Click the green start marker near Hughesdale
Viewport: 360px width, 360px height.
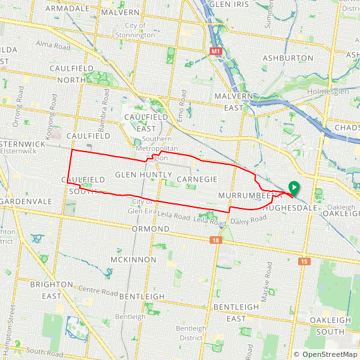tap(294, 187)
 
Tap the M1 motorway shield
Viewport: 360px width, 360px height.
tap(217, 50)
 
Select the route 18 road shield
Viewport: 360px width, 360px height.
tap(217, 241)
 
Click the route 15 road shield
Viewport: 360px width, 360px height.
tap(305, 261)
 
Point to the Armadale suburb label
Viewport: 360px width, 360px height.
tap(68, 8)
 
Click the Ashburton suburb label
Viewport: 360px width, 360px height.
tap(287, 57)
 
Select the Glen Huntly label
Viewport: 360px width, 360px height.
tap(143, 174)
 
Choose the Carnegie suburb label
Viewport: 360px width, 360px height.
tap(197, 180)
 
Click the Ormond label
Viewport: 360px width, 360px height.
tap(151, 229)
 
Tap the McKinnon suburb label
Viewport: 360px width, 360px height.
tap(133, 260)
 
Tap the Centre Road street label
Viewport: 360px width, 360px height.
tap(99, 292)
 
